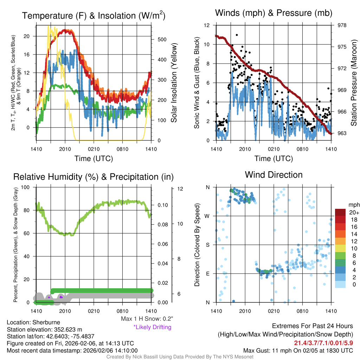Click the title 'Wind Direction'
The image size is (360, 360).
tap(274, 175)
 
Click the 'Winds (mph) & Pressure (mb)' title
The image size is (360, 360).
tap(274, 13)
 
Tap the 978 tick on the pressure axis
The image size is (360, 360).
tap(342, 25)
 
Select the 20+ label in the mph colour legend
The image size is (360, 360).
tap(354, 213)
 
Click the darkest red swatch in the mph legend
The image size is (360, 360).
tap(340, 212)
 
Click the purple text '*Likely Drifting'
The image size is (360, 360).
tap(152, 327)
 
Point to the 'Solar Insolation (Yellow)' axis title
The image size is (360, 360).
tap(174, 83)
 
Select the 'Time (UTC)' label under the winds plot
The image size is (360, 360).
tap(274, 159)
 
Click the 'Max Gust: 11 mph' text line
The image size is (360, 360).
tap(298, 351)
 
